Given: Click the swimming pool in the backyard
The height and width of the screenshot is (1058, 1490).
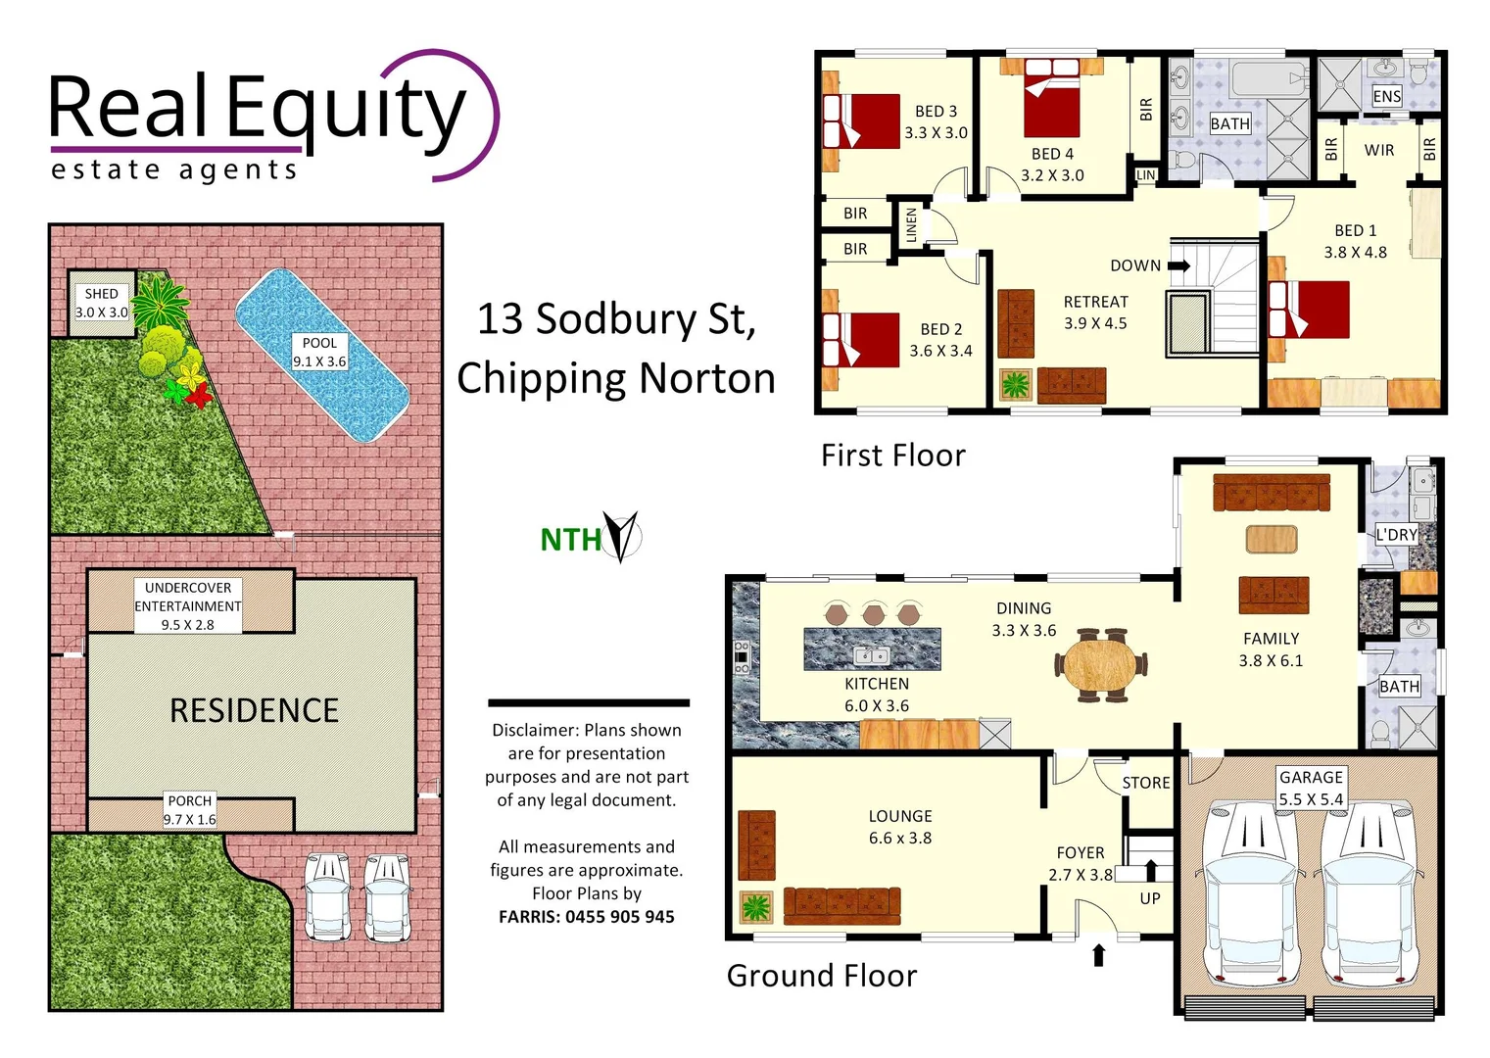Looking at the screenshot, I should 321,355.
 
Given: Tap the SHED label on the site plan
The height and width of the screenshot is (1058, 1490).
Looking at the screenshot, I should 101,294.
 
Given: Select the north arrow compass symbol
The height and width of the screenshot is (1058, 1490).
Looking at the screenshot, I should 620,536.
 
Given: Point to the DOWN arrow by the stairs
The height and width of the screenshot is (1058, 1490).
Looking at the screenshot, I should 1178,265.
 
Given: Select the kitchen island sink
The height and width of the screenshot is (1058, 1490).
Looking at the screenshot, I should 871,655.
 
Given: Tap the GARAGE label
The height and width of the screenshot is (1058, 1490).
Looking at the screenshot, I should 1311,777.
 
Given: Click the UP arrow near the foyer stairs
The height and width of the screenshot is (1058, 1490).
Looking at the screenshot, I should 1151,869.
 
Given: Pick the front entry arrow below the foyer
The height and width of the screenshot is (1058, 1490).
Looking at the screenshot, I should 1098,954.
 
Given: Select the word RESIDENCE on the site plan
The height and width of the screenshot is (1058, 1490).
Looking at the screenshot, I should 254,710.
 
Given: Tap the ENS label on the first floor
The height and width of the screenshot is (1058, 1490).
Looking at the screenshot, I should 1386,96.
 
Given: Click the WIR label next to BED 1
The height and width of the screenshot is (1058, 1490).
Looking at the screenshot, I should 1378,150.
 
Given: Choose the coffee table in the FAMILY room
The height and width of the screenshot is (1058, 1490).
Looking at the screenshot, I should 1272,540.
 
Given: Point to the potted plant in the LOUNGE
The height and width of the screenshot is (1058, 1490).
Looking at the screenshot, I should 755,907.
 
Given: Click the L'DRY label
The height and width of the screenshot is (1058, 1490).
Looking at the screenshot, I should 1396,535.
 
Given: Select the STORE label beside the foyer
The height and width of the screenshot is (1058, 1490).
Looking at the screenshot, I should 1146,783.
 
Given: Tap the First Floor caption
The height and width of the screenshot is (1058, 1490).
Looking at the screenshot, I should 892,456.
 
